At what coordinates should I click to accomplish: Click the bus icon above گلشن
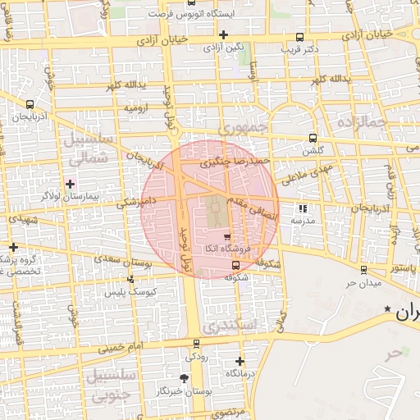point(313,138)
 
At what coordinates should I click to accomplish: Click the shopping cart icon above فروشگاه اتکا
point(227,236)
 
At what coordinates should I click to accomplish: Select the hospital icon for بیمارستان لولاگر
point(70,184)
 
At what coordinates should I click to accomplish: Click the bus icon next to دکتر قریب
point(299,37)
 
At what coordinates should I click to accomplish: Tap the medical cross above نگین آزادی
point(224,34)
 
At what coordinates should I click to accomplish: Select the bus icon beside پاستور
point(363,270)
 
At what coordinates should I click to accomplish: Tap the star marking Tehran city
point(387,308)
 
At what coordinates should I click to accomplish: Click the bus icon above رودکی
point(195,344)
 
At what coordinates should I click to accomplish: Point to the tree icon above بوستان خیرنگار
point(183,378)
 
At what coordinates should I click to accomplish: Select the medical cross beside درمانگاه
point(239,361)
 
